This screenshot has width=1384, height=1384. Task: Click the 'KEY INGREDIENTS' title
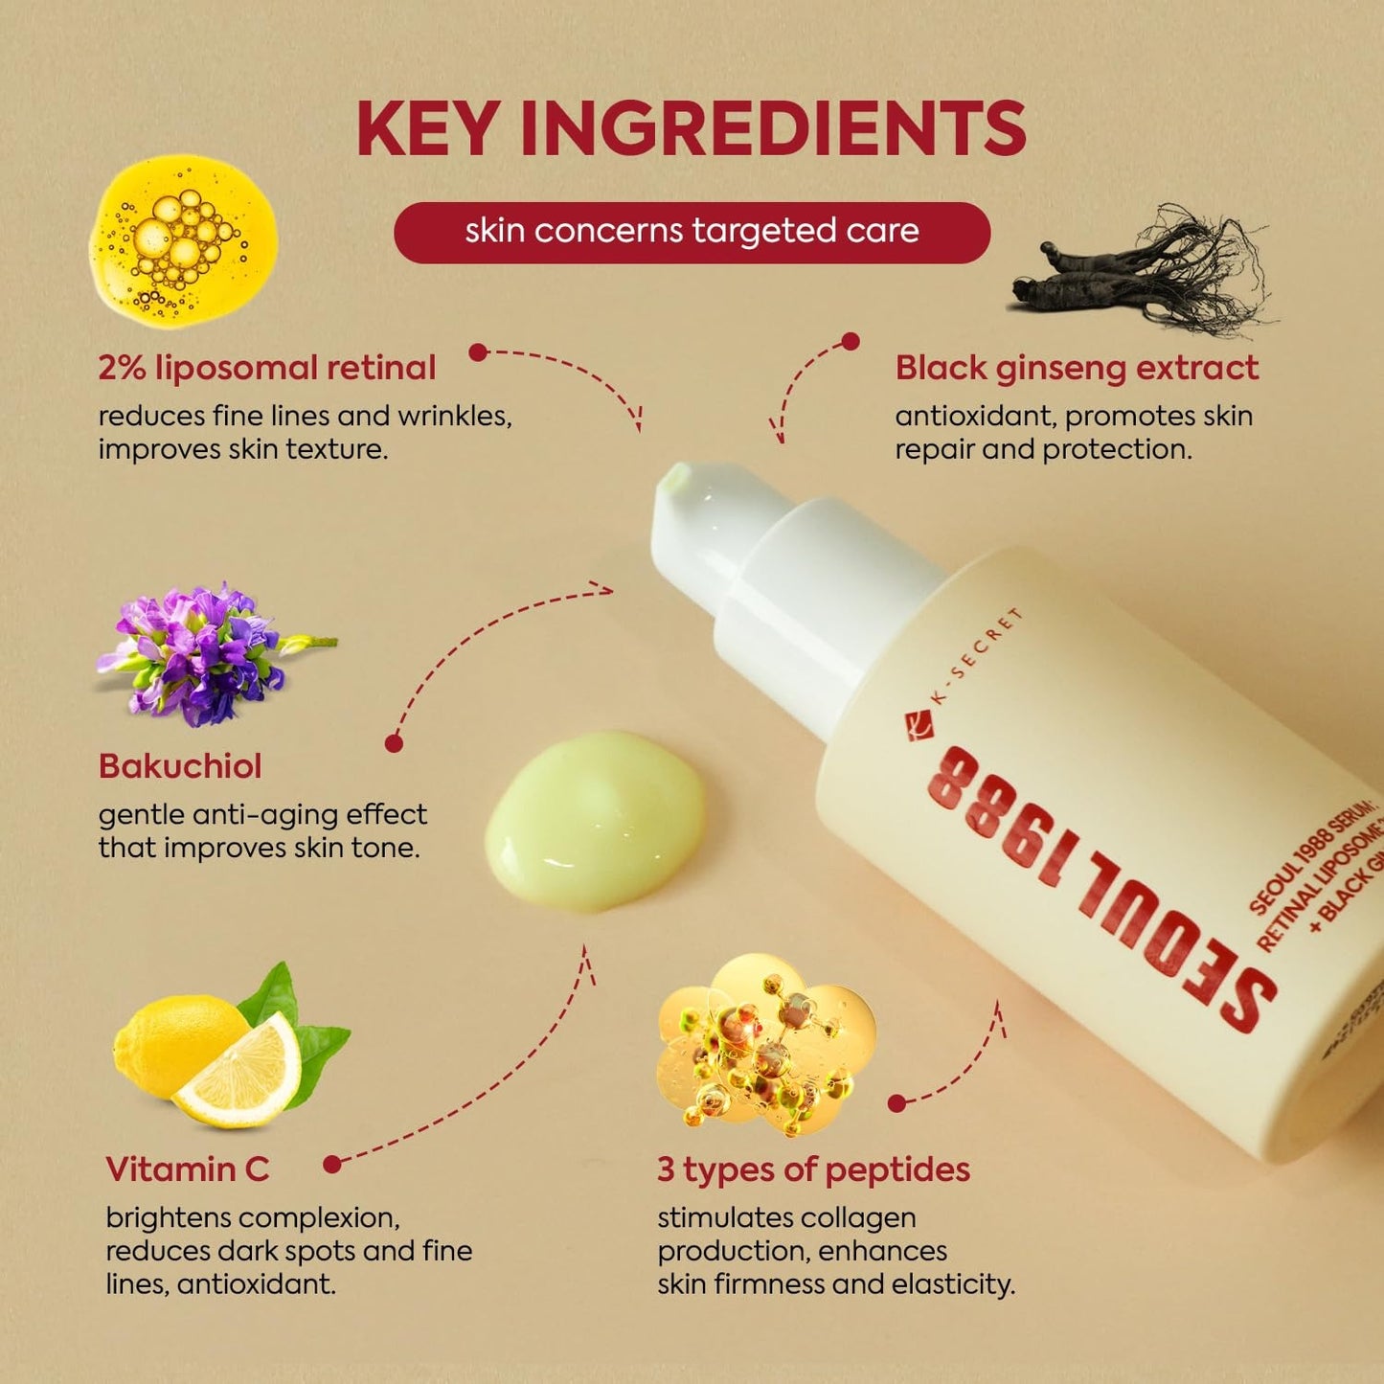[x=691, y=127]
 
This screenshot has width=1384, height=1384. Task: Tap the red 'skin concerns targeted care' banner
[x=692, y=232]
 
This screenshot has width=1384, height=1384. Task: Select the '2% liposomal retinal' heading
[x=266, y=368]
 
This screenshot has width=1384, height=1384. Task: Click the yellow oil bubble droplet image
[x=182, y=241]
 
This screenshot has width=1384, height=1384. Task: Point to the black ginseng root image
[x=1140, y=273]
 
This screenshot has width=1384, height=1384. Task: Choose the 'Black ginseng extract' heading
[x=1077, y=368]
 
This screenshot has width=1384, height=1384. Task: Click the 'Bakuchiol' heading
[x=180, y=766]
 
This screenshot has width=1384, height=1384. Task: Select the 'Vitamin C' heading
[x=188, y=1169]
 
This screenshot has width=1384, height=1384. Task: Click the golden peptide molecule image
[x=766, y=1044]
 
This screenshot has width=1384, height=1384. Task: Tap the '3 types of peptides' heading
[x=813, y=1169]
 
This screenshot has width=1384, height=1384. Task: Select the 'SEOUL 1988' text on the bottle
[x=1101, y=891]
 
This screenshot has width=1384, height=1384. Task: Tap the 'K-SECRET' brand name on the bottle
[x=977, y=656]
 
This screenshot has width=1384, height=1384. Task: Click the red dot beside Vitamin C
[x=332, y=1165]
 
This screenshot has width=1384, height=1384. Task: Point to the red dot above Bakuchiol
[x=394, y=743]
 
